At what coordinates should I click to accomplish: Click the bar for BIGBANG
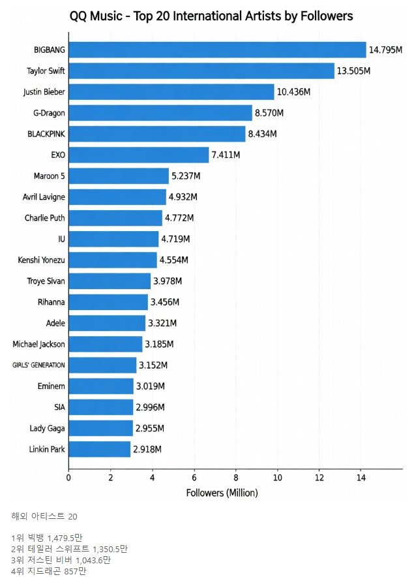(217, 50)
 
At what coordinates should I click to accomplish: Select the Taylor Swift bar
(201, 70)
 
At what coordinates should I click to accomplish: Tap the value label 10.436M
(293, 92)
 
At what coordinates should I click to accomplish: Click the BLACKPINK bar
(156, 134)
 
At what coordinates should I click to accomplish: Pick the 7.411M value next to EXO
(226, 155)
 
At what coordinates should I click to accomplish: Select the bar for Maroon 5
(119, 176)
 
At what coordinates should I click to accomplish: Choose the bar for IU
(113, 239)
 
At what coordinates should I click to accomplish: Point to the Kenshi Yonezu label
(42, 260)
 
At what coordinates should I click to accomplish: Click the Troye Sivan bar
(110, 281)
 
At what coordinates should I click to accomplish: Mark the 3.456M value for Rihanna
(166, 302)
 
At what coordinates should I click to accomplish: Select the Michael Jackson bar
(105, 344)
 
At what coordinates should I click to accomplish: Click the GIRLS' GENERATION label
(38, 365)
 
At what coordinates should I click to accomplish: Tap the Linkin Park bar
(99, 449)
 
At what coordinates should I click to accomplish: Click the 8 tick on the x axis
(236, 478)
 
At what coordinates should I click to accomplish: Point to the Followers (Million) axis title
(222, 493)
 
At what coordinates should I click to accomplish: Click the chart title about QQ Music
(211, 16)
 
